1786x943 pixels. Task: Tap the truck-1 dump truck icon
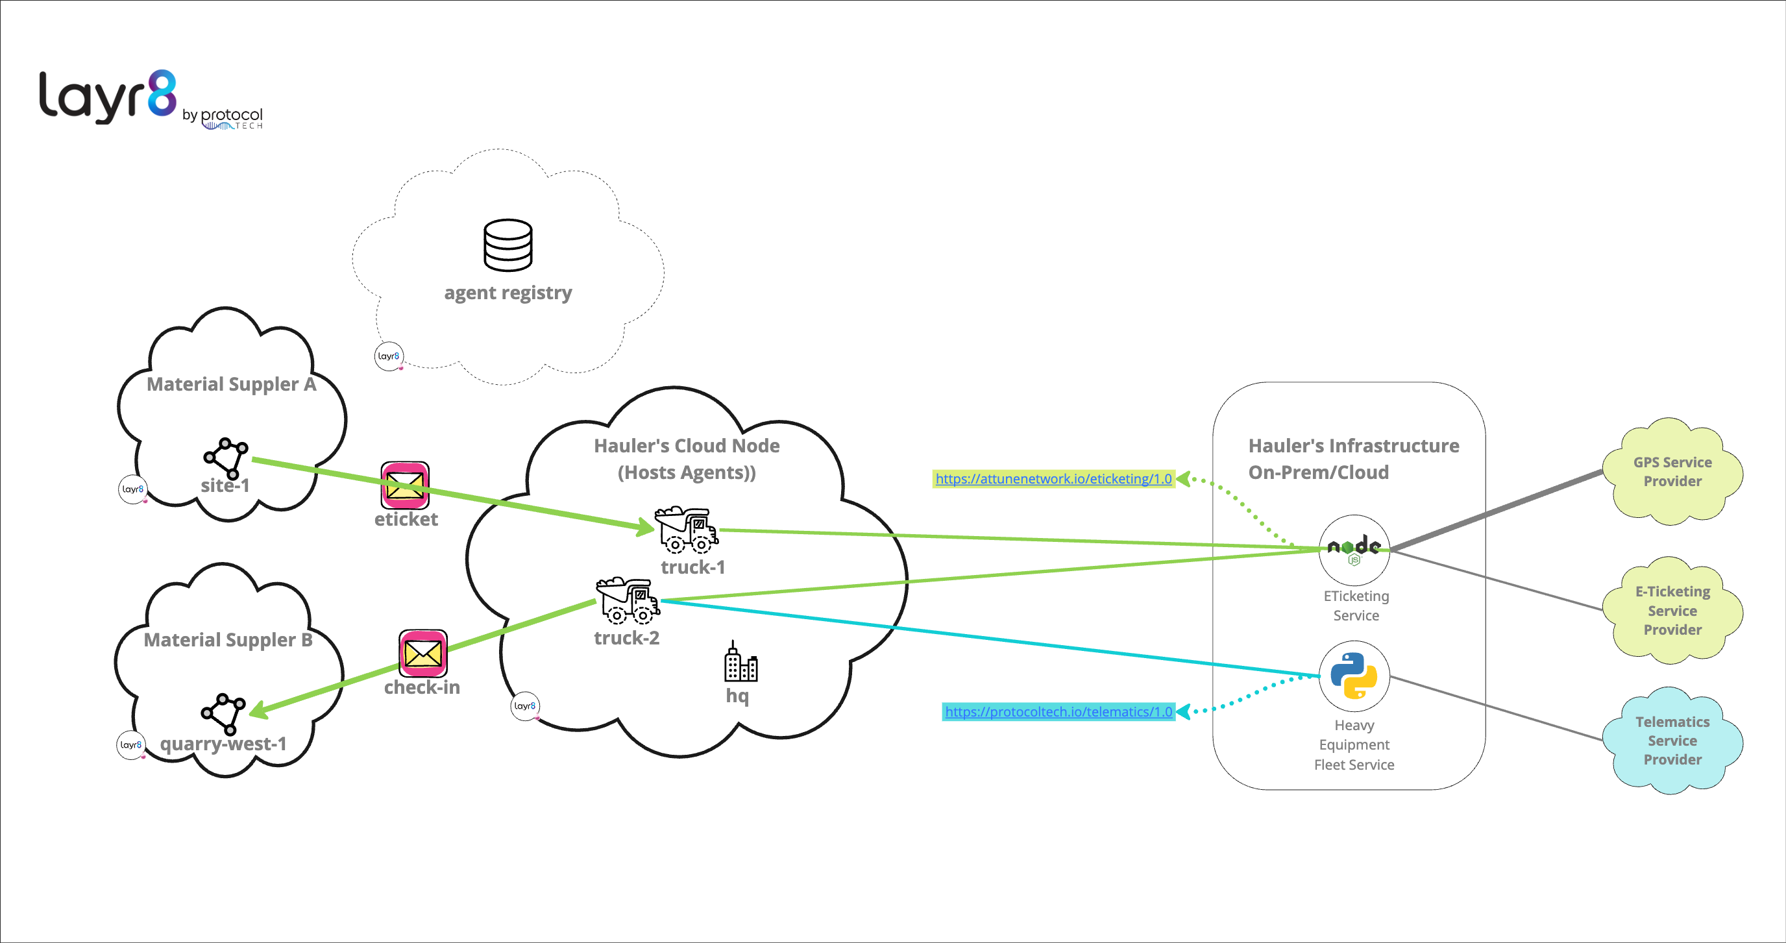[x=686, y=530]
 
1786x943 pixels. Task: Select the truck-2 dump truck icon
[x=627, y=600]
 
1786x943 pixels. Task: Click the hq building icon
[x=740, y=661]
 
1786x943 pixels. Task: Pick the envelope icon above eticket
[x=405, y=485]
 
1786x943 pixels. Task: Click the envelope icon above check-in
[x=422, y=652]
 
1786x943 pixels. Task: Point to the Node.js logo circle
[x=1353, y=549]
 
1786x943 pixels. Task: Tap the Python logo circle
[x=1353, y=676]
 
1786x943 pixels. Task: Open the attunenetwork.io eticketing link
[x=1053, y=478]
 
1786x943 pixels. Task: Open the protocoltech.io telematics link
[x=1058, y=711]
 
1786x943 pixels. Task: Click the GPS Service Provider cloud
[x=1672, y=471]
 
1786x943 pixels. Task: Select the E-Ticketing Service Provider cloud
[x=1672, y=610]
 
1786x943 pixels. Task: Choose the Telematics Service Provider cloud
[x=1672, y=741]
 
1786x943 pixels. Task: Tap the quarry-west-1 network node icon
[x=223, y=713]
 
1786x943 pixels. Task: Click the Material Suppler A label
[x=231, y=384]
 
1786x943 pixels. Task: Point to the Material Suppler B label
[x=227, y=639]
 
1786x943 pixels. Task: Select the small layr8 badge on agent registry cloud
[x=388, y=356]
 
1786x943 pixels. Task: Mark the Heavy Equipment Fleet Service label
[x=1353, y=744]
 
